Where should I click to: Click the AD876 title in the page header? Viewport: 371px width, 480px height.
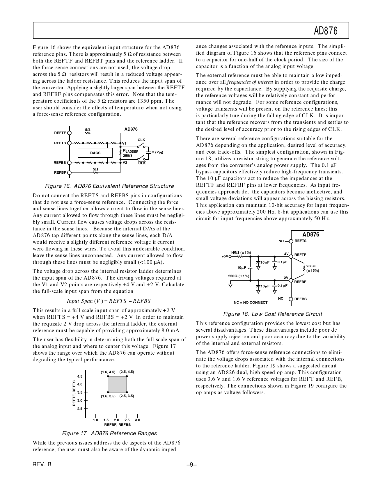[x=326, y=31]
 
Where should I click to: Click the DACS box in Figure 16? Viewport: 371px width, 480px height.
[x=95, y=153]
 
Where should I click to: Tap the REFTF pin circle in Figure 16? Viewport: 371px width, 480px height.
[x=69, y=133]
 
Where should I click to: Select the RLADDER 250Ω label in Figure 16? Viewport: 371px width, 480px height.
[x=130, y=153]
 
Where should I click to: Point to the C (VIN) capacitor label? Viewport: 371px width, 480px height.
[x=157, y=152]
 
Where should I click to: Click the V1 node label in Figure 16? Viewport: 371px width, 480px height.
[x=124, y=143]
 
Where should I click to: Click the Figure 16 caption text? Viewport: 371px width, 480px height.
[x=109, y=186]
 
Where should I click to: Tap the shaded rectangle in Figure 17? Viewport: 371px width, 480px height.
[x=117, y=384]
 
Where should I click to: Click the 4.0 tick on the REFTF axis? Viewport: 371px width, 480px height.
[x=80, y=384]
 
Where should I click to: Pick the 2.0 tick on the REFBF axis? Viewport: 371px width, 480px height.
[x=116, y=420]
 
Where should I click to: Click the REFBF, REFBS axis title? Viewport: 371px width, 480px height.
[x=117, y=424]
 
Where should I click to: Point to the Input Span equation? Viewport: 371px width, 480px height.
[x=109, y=301]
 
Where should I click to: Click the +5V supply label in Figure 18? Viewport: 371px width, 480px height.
[x=225, y=257]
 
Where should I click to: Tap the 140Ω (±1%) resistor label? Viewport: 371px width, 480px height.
[x=240, y=253]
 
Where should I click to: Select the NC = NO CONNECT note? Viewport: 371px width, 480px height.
[x=251, y=303]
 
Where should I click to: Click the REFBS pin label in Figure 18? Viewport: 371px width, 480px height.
[x=300, y=299]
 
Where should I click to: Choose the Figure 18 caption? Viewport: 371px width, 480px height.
[x=273, y=314]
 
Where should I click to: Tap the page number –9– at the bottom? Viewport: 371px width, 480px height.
[x=192, y=465]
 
